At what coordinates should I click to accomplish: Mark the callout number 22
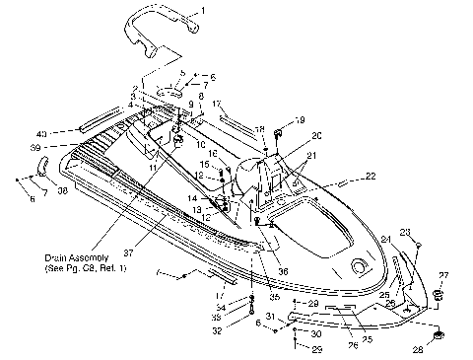tap(372, 176)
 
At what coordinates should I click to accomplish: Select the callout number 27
tap(442, 275)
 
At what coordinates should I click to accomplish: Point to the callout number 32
tap(215, 331)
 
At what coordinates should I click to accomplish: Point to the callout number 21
tap(312, 155)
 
